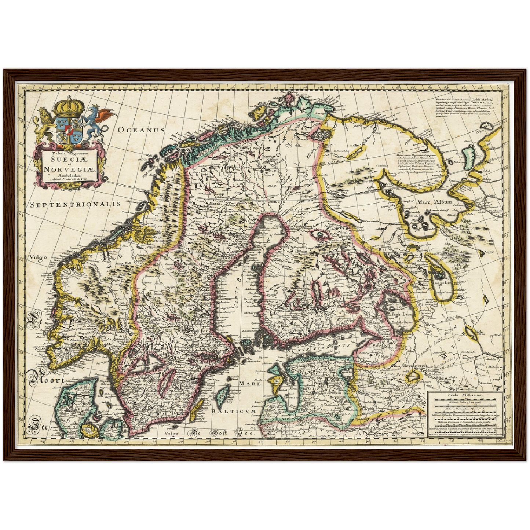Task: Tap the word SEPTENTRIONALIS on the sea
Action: pos(75,204)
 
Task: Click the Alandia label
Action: pos(244,337)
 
